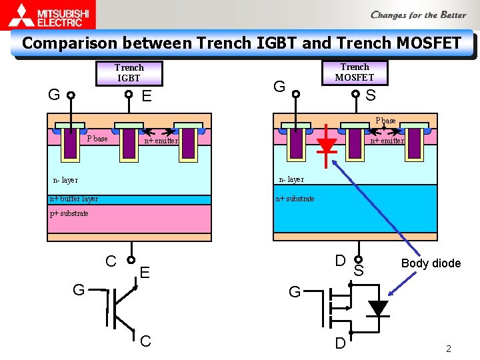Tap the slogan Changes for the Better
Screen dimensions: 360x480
click(418, 15)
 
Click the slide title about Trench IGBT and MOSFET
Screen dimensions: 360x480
click(241, 43)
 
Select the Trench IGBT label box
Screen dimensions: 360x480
click(129, 73)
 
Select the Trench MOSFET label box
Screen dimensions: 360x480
click(354, 72)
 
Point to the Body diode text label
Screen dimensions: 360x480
click(431, 263)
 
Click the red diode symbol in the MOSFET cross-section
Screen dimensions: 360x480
click(326, 146)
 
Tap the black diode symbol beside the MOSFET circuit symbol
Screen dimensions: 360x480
click(378, 308)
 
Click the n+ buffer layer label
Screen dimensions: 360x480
click(74, 199)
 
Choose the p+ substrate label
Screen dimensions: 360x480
click(69, 213)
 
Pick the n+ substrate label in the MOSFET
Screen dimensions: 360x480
click(295, 199)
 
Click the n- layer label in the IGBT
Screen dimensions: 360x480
click(65, 180)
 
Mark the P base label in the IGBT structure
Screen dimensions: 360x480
click(97, 139)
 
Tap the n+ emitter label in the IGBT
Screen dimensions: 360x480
click(161, 141)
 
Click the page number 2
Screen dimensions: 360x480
click(449, 349)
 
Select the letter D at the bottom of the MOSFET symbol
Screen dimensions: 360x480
click(340, 344)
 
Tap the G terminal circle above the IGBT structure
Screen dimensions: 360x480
click(70, 95)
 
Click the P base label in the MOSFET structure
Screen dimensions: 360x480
click(385, 121)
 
